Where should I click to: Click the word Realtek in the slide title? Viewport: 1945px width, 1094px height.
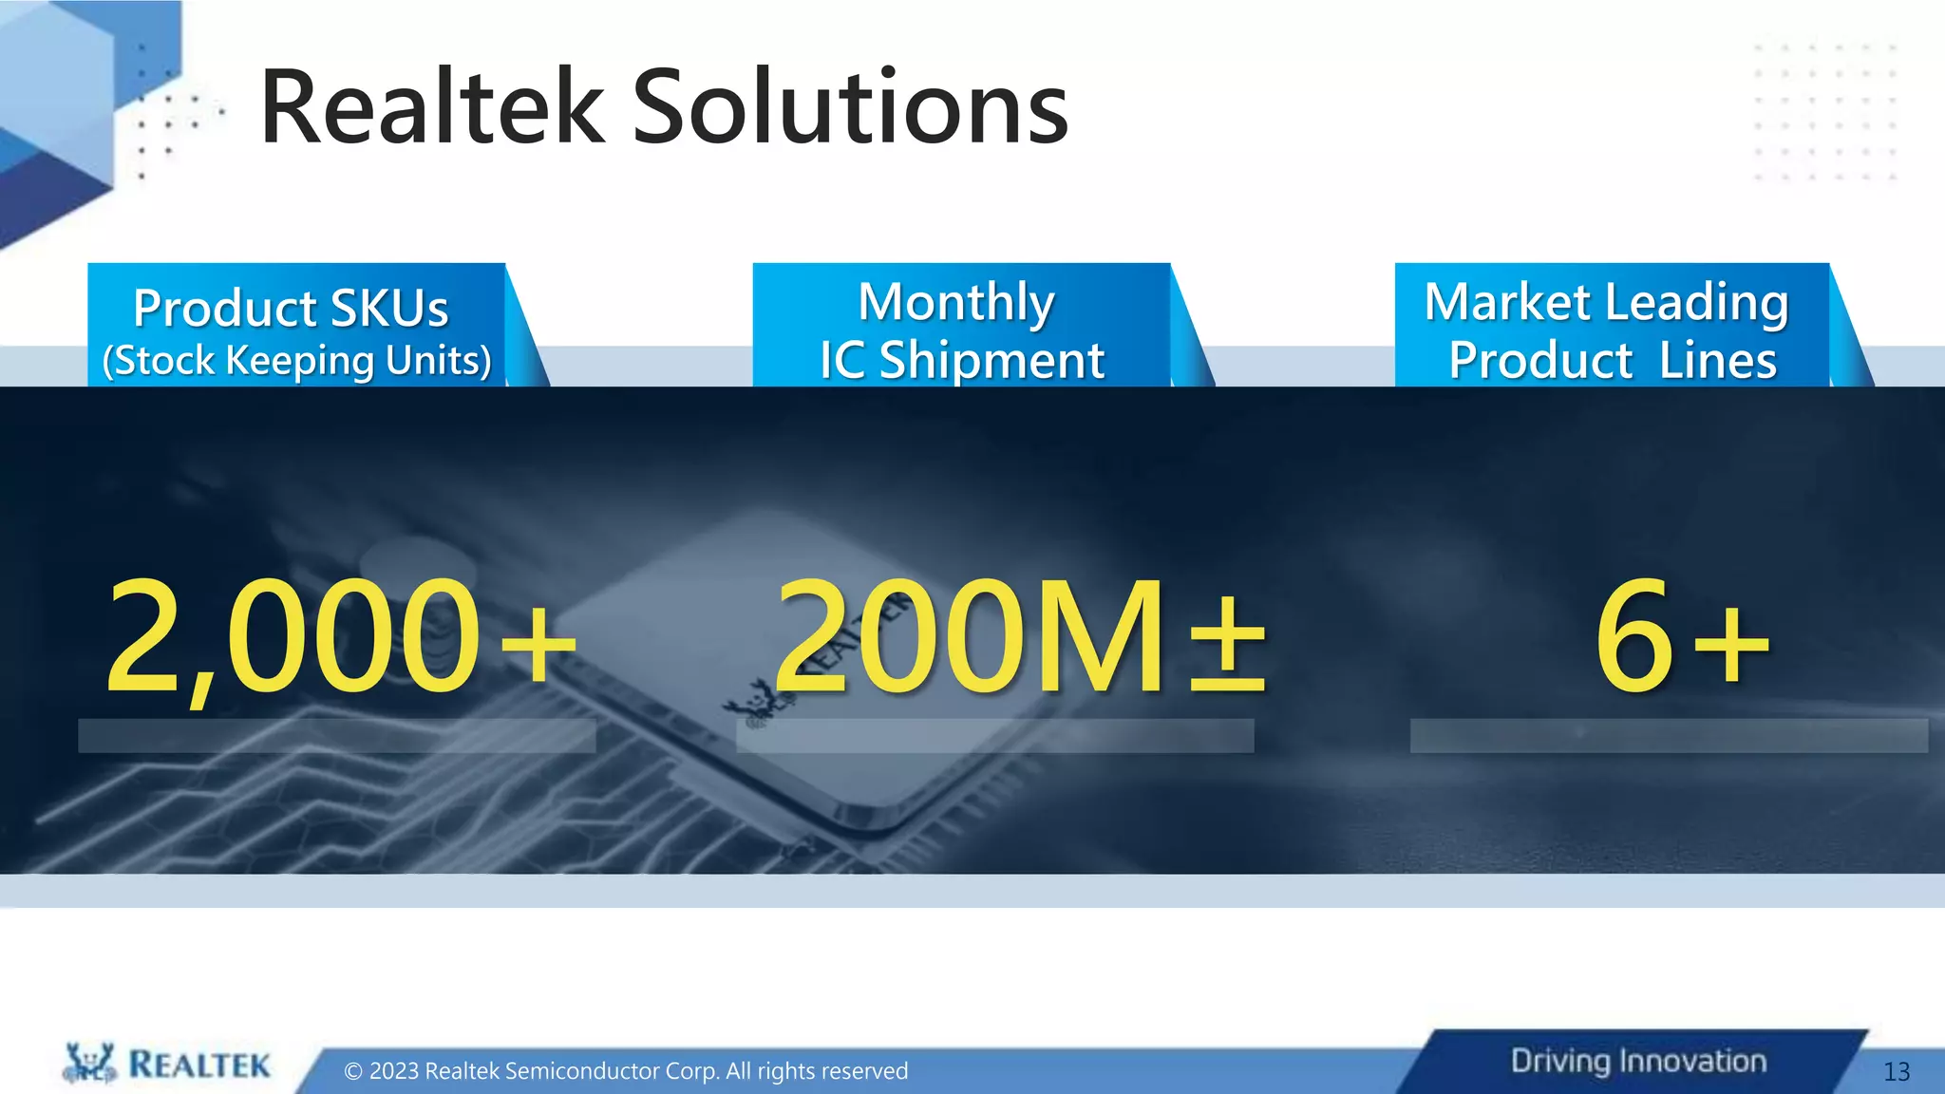(x=432, y=108)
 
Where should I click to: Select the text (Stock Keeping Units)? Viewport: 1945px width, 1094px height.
(x=296, y=361)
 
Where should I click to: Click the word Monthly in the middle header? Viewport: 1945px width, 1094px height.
(x=956, y=303)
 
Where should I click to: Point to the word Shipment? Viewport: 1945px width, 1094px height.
(x=991, y=361)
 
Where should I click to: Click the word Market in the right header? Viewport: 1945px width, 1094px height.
(x=1507, y=303)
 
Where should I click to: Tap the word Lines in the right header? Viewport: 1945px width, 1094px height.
(x=1718, y=361)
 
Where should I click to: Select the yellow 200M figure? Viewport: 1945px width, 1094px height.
(x=969, y=636)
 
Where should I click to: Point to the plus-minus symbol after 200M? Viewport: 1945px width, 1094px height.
(x=1228, y=646)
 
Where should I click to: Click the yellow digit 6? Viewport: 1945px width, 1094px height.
(x=1633, y=636)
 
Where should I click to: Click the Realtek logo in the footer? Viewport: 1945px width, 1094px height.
(x=167, y=1065)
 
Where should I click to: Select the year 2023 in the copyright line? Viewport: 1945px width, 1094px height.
(x=394, y=1071)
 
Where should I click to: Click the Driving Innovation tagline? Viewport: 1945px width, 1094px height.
(x=1638, y=1061)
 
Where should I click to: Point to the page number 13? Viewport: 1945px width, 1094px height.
(x=1896, y=1072)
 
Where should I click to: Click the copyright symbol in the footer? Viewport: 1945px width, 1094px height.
(x=353, y=1071)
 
